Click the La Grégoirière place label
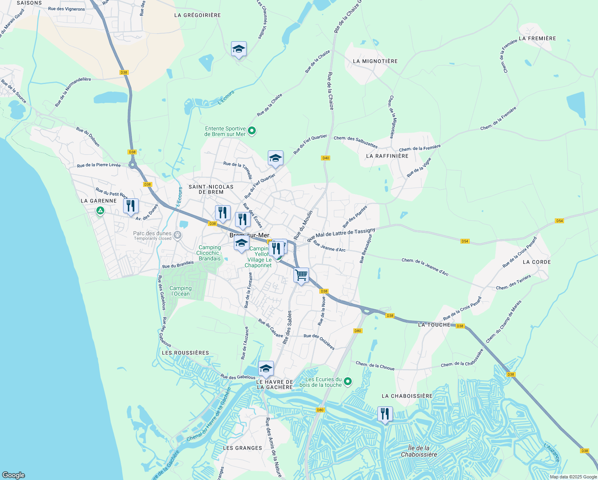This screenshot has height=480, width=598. point(197,15)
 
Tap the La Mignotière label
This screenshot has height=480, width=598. point(375,61)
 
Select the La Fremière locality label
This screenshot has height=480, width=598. point(537,38)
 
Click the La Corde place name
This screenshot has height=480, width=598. point(536,262)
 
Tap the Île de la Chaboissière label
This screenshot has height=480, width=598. point(419,451)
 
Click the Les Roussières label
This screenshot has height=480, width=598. point(185,353)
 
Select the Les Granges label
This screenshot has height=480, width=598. point(243,448)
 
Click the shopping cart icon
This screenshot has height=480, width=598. point(301,275)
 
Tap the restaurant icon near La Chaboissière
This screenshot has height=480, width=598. point(385,414)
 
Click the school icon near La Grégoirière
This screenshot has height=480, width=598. point(239,49)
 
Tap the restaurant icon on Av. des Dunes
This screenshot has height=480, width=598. point(131,206)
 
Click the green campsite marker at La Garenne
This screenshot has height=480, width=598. point(100,210)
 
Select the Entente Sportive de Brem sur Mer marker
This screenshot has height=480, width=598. point(252,130)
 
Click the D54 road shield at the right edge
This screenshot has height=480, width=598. point(559,221)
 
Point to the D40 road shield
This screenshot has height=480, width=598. point(325,158)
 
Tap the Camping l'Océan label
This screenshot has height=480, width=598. point(181,291)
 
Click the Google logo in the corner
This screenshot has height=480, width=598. point(14,475)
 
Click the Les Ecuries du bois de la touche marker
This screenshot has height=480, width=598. point(348,382)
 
